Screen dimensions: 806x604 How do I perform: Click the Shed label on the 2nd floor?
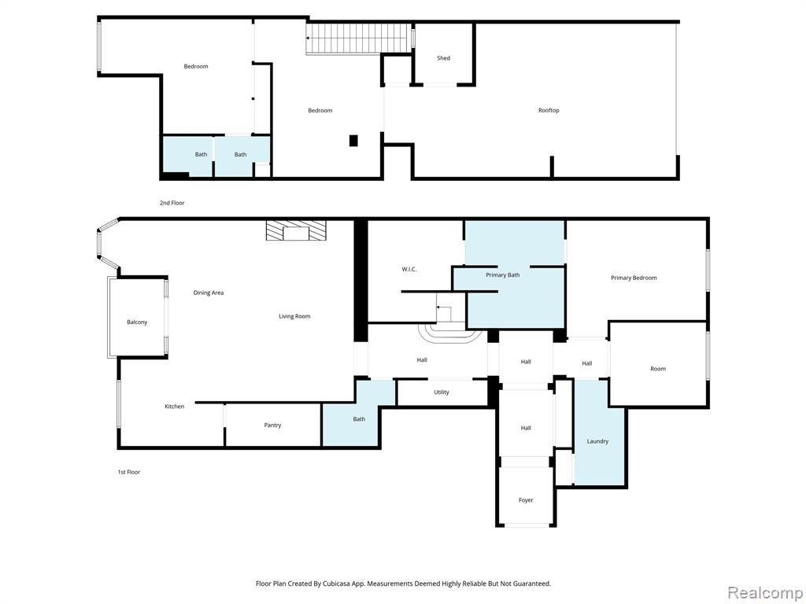(443, 58)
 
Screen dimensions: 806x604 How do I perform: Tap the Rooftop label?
(549, 110)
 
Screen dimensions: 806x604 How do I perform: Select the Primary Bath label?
(502, 275)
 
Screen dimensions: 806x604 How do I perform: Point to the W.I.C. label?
(409, 270)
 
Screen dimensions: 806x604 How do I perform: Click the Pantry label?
(272, 425)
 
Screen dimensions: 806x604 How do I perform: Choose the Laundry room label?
(597, 441)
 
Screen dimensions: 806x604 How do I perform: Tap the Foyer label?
(525, 500)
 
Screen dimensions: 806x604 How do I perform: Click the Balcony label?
(137, 322)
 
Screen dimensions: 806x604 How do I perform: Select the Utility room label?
(441, 392)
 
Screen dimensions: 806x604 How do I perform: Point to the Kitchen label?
(174, 407)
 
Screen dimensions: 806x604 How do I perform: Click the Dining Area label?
(208, 293)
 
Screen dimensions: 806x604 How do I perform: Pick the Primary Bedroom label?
(634, 278)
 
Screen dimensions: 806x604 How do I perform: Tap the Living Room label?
(294, 316)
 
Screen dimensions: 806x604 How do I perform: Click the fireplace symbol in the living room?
(296, 230)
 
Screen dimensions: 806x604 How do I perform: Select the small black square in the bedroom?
(353, 140)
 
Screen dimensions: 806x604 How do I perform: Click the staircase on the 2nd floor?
(359, 39)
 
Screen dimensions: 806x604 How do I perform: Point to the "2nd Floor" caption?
(172, 203)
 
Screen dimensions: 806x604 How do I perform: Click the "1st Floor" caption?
(128, 472)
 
